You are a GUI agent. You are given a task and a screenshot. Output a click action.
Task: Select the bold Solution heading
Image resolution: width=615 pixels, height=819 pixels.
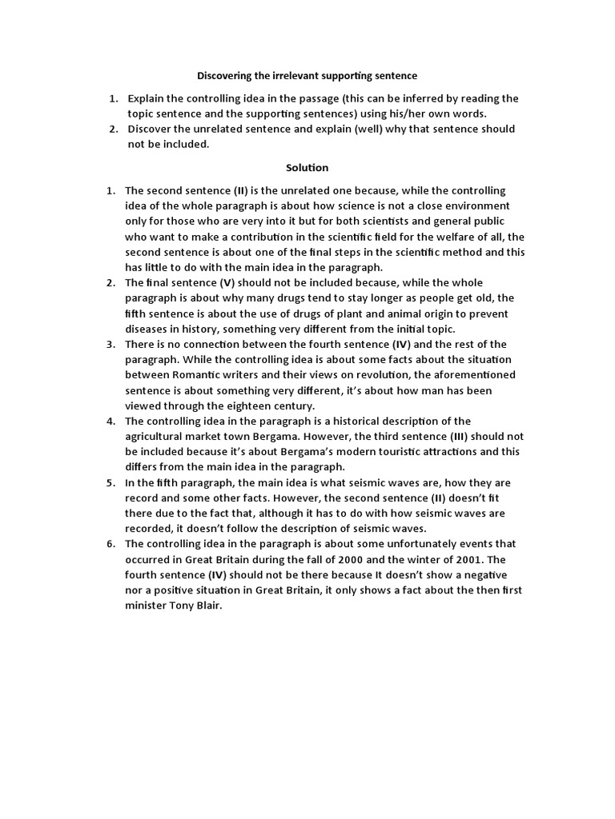307,167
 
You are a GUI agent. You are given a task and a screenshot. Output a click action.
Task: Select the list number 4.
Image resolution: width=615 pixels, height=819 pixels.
110,421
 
